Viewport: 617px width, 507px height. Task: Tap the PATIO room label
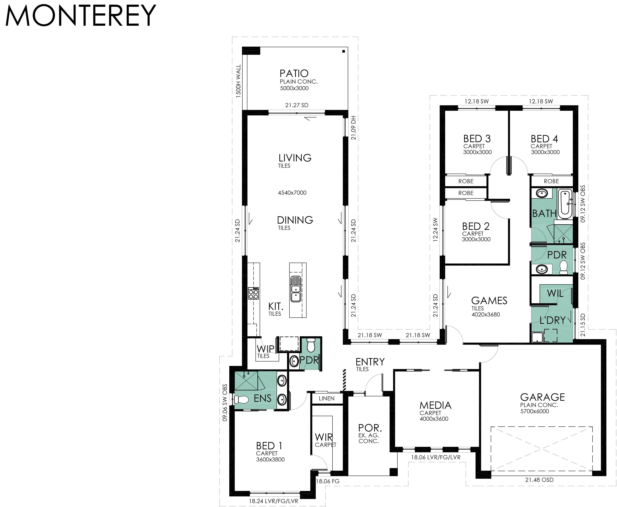coord(294,73)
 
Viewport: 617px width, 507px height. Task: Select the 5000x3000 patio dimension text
coord(294,88)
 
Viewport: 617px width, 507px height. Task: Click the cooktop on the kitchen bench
coord(253,293)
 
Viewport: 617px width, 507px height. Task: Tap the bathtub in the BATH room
coord(565,204)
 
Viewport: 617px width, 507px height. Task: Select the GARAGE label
coord(542,397)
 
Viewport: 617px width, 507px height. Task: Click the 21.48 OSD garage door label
coord(539,480)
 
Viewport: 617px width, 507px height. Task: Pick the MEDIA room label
coord(435,405)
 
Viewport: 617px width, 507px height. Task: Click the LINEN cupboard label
coord(327,398)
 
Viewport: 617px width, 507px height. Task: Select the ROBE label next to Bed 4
coord(551,181)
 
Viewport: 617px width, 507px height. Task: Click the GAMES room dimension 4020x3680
coord(486,314)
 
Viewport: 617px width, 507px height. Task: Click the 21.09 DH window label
coord(354,128)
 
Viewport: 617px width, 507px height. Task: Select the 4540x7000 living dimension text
coord(292,193)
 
